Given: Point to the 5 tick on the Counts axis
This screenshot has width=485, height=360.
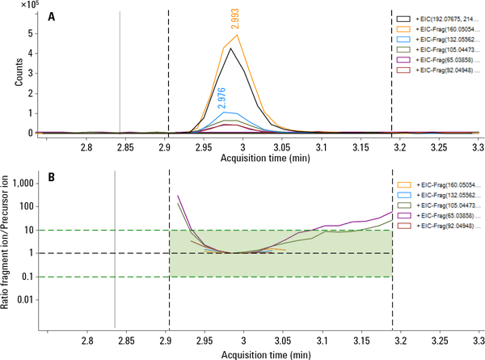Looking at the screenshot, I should pyautogui.click(x=31, y=34).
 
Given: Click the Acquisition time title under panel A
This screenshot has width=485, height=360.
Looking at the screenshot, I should pyautogui.click(x=260, y=159).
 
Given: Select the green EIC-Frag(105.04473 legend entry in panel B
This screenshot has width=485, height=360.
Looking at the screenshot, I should pyautogui.click(x=441, y=206).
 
